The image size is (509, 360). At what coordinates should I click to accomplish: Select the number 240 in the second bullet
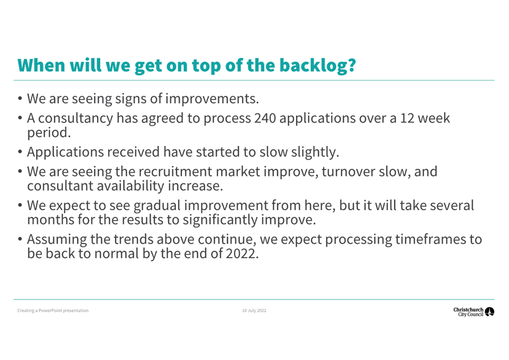pyautogui.click(x=265, y=118)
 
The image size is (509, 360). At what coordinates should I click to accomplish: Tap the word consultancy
pyautogui.click(x=76, y=119)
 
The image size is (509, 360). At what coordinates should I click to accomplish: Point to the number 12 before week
pyautogui.click(x=407, y=118)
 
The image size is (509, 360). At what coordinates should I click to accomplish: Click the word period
pyautogui.click(x=49, y=133)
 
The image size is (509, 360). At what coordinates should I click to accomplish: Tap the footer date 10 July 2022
pyautogui.click(x=254, y=310)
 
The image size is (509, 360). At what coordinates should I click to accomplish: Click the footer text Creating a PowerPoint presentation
pyautogui.click(x=53, y=310)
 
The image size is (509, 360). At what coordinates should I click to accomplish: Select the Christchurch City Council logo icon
pyautogui.click(x=489, y=312)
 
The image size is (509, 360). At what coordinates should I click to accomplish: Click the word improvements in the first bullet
pyautogui.click(x=212, y=99)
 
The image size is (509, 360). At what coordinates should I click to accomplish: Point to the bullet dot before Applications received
pyautogui.click(x=20, y=151)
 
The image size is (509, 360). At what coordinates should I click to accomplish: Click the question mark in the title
pyautogui.click(x=352, y=65)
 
